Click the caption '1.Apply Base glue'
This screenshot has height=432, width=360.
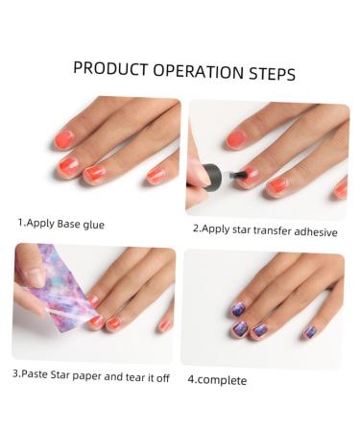tap(60, 224)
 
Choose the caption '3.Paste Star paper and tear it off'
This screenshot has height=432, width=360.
tap(90, 377)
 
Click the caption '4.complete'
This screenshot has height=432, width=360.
tap(217, 379)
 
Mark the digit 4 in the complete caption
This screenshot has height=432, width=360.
tap(190, 379)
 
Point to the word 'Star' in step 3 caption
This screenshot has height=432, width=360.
tap(59, 376)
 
